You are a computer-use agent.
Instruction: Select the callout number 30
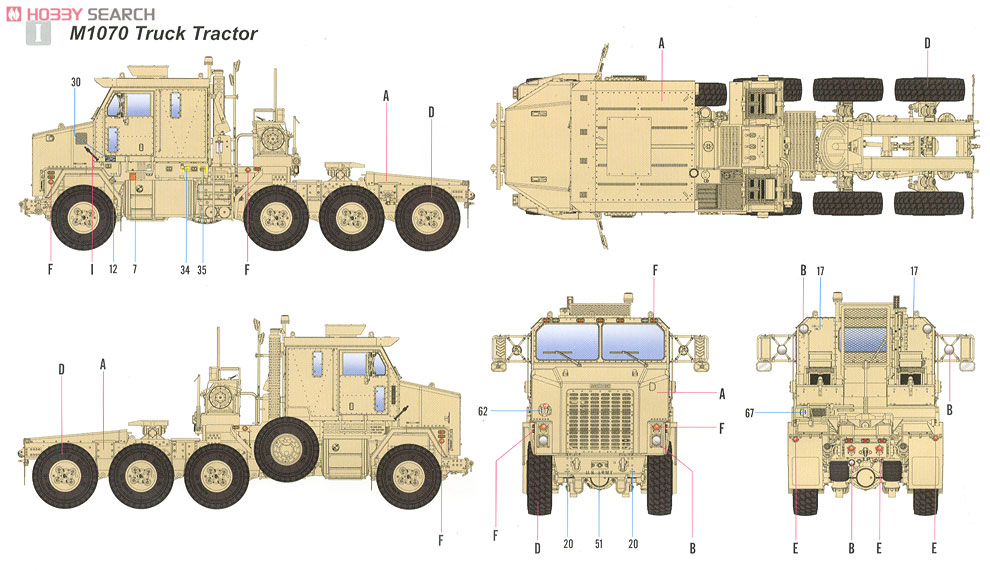coord(76,81)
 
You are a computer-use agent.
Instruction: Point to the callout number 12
coord(113,268)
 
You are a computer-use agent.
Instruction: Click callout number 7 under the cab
coord(134,268)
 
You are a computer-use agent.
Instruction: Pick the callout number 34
coord(185,268)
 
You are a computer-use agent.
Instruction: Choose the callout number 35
coord(203,268)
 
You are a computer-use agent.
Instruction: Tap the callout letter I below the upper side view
coord(91,268)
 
